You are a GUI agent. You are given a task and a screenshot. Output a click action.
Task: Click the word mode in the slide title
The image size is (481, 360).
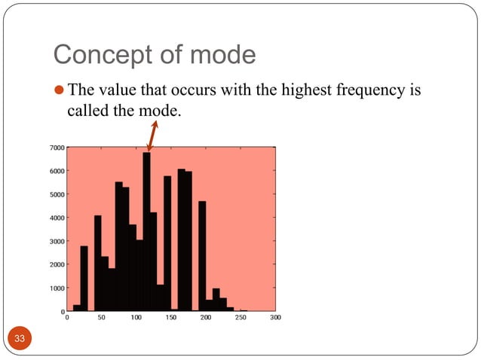(x=224, y=55)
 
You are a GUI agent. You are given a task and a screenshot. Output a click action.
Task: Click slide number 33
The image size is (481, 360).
(x=20, y=340)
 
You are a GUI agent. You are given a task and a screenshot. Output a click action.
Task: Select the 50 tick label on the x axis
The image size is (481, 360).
(x=101, y=318)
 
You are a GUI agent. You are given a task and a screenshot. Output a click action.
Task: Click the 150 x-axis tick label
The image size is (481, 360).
(x=170, y=318)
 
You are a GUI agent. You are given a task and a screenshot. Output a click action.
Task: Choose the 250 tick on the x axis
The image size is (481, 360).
(x=240, y=318)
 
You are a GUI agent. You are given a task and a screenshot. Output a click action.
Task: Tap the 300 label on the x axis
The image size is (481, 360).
(x=274, y=318)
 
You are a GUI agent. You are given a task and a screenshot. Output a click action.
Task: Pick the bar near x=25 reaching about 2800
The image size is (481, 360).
(x=84, y=279)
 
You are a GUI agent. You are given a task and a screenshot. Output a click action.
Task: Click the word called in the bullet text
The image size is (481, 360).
(x=78, y=111)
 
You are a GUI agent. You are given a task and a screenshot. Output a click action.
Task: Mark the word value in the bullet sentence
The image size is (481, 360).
(x=114, y=92)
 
